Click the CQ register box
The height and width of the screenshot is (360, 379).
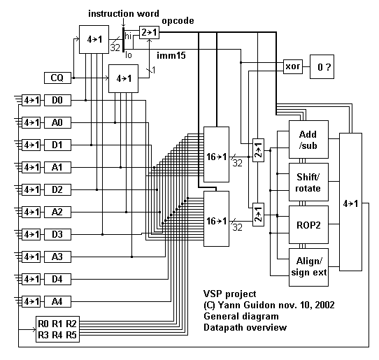click(57, 78)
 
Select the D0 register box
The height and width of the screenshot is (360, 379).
click(57, 100)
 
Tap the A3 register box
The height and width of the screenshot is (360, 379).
click(57, 257)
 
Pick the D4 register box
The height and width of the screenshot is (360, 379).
click(57, 280)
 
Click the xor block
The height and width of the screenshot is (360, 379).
click(293, 66)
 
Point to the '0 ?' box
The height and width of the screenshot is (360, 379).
click(322, 66)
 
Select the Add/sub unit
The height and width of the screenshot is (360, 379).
click(308, 139)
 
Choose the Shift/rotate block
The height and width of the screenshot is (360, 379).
click(308, 182)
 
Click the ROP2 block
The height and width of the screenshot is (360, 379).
click(308, 224)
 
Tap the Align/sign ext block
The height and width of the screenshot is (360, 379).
click(308, 267)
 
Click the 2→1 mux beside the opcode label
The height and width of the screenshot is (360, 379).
click(149, 32)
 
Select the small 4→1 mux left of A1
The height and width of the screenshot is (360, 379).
click(31, 167)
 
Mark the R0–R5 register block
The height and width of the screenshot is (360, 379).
click(57, 329)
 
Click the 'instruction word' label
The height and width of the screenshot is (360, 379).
click(124, 13)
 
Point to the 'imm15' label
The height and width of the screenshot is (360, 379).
click(171, 55)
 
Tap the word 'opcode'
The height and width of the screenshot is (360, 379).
click(178, 21)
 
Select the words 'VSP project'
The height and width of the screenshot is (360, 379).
click(229, 294)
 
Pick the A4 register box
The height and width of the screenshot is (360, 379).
click(57, 301)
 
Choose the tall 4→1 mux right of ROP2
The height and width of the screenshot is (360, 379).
click(351, 202)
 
